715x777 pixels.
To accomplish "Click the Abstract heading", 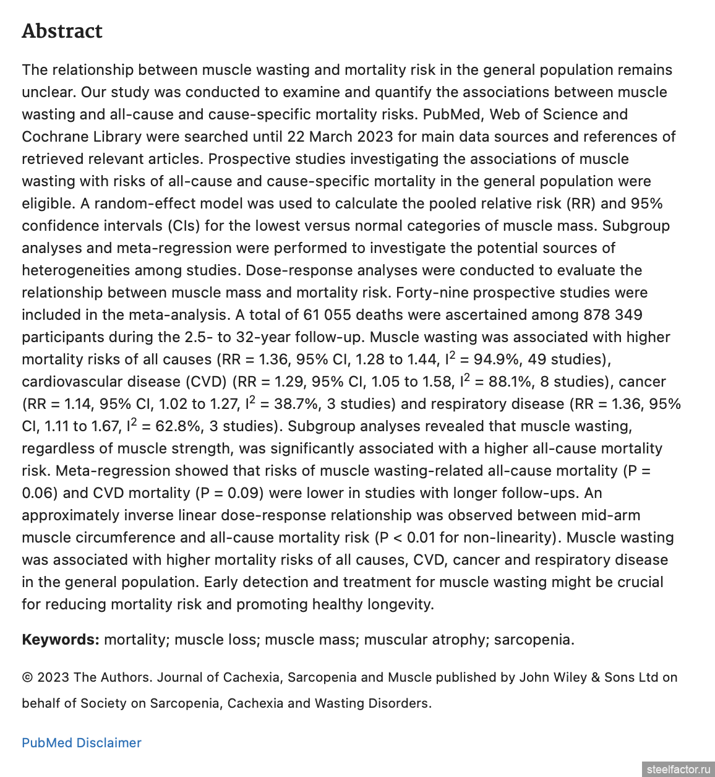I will tap(62, 31).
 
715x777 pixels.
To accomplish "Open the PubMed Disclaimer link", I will tap(82, 743).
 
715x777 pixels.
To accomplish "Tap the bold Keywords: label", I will tap(60, 640).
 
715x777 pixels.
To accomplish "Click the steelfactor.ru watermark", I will tap(678, 770).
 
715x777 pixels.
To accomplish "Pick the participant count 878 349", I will tap(612, 315).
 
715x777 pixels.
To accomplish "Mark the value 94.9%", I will tap(497, 359).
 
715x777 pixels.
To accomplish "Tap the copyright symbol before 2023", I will tap(28, 677).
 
